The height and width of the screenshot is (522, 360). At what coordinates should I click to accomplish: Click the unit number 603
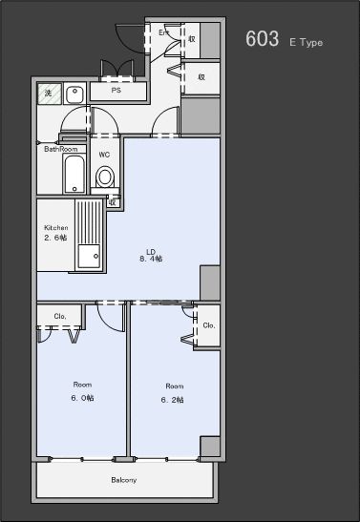tap(262, 39)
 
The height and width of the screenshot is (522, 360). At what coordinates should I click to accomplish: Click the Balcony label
tap(124, 479)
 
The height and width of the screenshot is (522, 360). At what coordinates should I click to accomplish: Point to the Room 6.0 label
tap(82, 391)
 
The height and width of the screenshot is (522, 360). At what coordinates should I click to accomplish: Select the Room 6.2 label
tap(173, 392)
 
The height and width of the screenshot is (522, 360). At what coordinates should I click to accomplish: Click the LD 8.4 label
tap(151, 256)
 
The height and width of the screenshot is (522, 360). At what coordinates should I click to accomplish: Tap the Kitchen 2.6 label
tap(55, 233)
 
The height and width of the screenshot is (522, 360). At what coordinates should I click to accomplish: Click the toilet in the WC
tap(105, 177)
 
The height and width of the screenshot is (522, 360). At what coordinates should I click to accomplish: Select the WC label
tap(105, 154)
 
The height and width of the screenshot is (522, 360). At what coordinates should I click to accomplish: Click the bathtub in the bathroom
tap(75, 175)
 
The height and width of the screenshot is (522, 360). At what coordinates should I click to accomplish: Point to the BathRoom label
tap(60, 149)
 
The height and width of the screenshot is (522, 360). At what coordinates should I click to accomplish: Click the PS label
tap(116, 91)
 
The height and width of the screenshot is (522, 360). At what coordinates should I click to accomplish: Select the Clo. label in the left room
tap(59, 316)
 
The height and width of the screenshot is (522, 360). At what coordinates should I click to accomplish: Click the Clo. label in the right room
tap(208, 325)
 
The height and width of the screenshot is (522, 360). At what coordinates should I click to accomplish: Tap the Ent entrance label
tap(163, 32)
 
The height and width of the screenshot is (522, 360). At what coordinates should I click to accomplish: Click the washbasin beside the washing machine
tap(74, 93)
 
